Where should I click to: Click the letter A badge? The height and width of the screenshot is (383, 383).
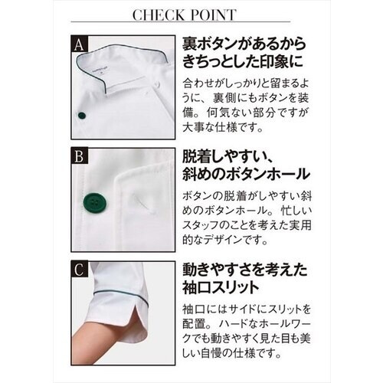click(79, 44)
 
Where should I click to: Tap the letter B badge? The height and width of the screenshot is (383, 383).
click(79, 159)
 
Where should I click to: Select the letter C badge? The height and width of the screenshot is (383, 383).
click(79, 269)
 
